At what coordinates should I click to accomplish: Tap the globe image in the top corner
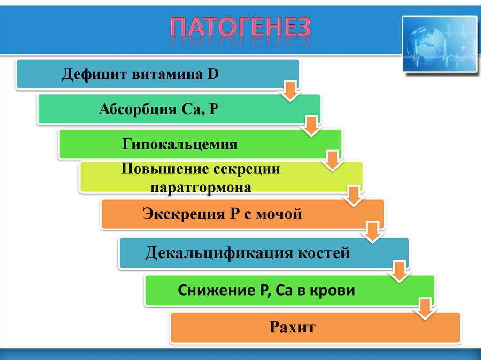439,44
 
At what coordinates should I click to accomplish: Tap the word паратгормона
201,187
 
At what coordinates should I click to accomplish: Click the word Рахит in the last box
292,326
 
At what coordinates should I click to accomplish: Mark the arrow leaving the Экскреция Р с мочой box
373,232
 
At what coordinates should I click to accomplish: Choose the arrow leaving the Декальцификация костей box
399,272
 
